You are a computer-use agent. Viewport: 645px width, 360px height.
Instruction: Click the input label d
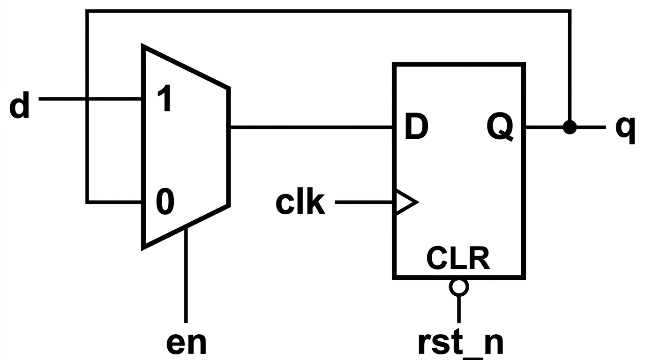[19, 105]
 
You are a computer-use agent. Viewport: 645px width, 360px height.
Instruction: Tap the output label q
[625, 130]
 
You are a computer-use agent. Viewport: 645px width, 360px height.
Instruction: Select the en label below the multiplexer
[186, 344]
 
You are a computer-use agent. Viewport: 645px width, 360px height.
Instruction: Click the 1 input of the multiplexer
[165, 98]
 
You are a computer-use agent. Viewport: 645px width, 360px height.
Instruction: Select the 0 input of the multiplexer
[165, 202]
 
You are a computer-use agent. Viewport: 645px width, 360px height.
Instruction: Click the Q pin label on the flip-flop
[500, 127]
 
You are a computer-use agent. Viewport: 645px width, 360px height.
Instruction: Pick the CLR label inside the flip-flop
[458, 258]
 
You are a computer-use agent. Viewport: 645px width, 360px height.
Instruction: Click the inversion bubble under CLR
[459, 287]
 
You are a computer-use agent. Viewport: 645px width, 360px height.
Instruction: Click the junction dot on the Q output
[570, 127]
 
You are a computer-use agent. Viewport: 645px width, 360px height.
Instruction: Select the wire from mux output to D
[311, 127]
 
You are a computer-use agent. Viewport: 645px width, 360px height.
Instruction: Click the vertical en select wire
[186, 275]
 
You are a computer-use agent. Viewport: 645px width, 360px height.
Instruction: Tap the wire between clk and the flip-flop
[364, 202]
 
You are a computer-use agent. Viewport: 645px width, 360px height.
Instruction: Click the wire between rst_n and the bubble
[459, 309]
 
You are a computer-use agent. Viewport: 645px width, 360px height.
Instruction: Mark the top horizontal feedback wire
[328, 11]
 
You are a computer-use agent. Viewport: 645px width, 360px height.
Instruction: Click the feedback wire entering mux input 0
[114, 202]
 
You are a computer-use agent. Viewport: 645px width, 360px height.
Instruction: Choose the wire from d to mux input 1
[90, 99]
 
